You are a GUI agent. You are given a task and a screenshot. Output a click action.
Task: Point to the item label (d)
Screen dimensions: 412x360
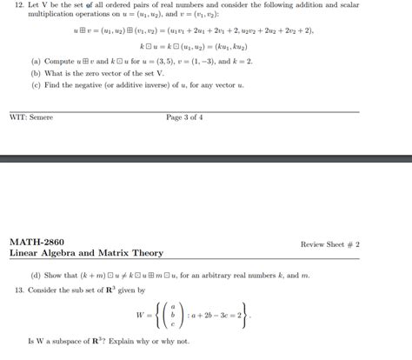click(36, 275)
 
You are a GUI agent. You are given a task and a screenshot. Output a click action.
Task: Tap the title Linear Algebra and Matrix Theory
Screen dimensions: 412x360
click(86, 253)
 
